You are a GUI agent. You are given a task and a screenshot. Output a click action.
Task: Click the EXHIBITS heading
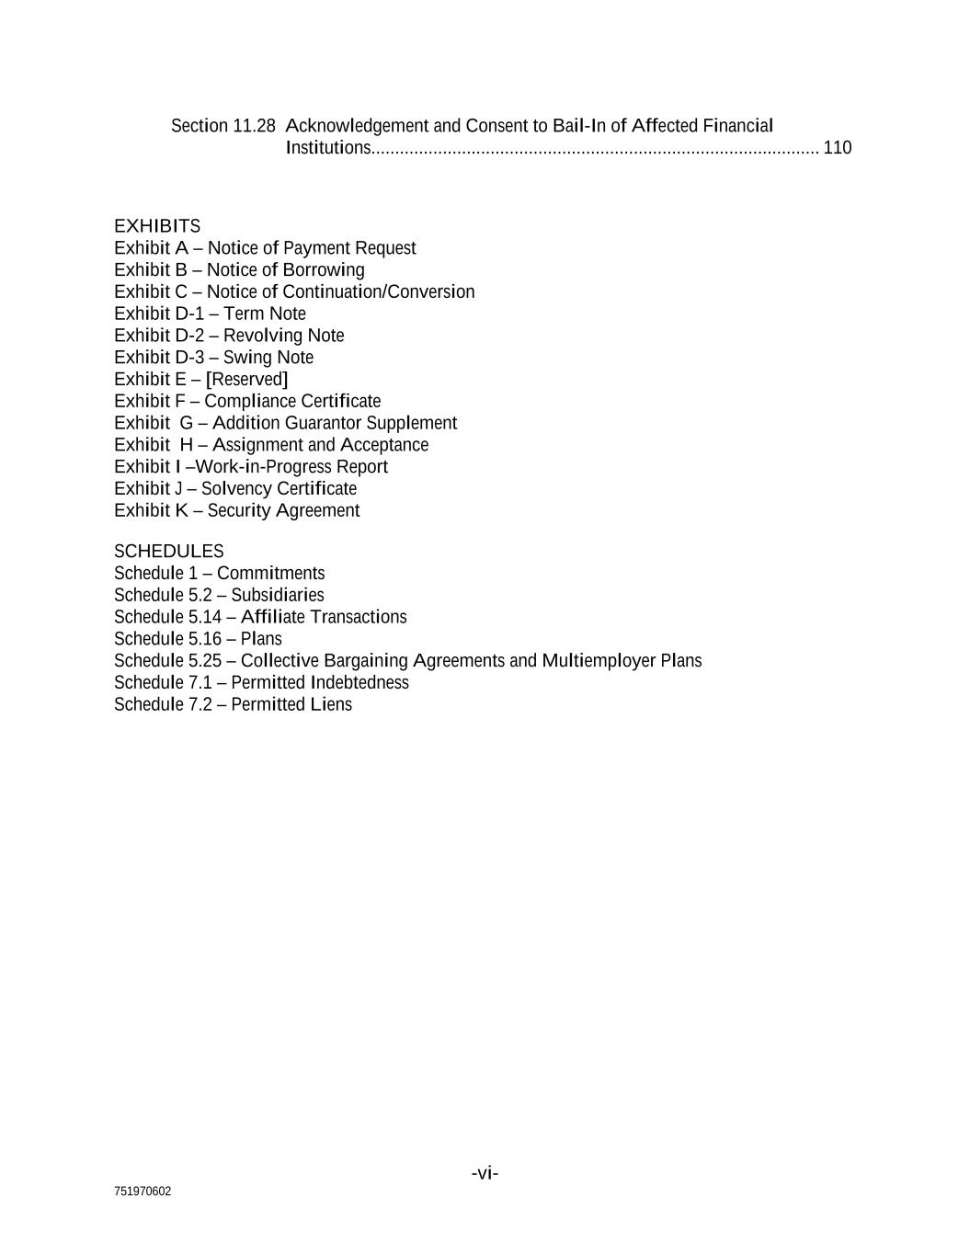[x=157, y=226]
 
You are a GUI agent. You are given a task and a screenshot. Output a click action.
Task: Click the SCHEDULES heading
[x=169, y=552]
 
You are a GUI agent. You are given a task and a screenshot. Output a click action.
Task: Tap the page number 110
[x=837, y=148]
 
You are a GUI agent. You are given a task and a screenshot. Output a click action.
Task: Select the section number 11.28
[x=254, y=126]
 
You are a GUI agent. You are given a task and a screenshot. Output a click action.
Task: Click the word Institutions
[x=327, y=148]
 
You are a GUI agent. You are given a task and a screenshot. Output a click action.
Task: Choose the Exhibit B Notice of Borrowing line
[x=239, y=270]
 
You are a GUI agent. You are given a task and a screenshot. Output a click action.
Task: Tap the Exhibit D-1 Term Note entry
[x=210, y=314]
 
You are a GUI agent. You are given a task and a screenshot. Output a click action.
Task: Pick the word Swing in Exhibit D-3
[x=243, y=358]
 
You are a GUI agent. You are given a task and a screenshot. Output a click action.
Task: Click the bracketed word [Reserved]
[x=246, y=380]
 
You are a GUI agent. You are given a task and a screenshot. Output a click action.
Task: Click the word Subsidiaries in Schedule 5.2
[x=277, y=596]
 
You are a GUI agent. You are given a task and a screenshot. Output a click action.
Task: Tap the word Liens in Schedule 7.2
[x=331, y=705]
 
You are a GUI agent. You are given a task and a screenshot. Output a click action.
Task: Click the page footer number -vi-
[x=485, y=1174]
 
